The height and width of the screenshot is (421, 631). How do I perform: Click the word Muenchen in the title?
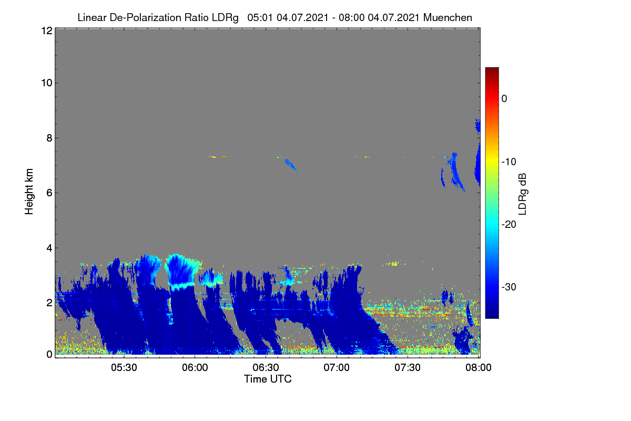point(447,17)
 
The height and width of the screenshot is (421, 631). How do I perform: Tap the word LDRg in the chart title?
point(225,18)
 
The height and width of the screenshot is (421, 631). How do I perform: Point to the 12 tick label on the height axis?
point(47,31)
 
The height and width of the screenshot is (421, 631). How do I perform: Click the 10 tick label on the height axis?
point(47,83)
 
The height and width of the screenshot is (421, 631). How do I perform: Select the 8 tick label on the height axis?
point(49,138)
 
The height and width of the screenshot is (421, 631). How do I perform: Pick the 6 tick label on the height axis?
point(49,193)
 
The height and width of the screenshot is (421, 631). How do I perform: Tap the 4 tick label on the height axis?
point(49,248)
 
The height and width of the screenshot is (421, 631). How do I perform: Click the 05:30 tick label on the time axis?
point(124,367)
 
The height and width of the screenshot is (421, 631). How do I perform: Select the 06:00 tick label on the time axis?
point(195,367)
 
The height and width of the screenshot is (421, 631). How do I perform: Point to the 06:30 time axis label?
point(266,367)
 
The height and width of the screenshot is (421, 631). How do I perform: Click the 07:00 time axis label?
point(337,367)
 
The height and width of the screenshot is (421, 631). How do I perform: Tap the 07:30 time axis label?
point(408,367)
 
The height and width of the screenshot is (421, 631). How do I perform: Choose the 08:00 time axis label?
point(479,367)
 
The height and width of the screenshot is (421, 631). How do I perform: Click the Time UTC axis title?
point(268,379)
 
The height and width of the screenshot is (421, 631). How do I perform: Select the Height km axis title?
point(29,192)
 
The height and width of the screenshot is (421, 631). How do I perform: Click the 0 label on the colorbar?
point(504,99)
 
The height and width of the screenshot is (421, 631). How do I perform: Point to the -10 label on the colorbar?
point(509,162)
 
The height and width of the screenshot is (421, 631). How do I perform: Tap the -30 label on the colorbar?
point(509,287)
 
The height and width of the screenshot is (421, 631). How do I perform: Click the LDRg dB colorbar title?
point(522,194)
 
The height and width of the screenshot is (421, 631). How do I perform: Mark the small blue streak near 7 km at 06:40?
point(290,165)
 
